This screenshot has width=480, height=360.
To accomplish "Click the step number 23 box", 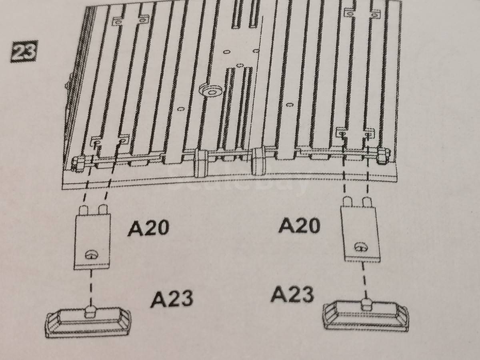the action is click(x=24, y=51).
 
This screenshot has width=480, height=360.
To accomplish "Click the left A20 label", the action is click(x=148, y=228).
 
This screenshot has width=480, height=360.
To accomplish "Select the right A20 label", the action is click(x=299, y=225).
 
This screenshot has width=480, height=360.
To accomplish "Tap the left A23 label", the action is click(x=172, y=298).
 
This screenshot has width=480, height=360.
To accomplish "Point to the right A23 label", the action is click(x=292, y=294).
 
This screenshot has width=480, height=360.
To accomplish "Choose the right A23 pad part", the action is click(x=365, y=317).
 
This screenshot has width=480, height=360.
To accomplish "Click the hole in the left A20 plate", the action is click(x=92, y=255).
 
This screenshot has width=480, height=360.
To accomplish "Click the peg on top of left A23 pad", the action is click(x=90, y=312).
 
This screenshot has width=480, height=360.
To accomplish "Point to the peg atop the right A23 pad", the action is click(x=366, y=305).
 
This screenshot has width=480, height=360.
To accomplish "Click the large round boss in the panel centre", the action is click(x=211, y=91).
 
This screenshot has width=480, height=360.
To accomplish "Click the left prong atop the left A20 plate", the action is click(x=83, y=210).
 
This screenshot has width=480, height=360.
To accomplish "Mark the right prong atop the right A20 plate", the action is click(x=367, y=202).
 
